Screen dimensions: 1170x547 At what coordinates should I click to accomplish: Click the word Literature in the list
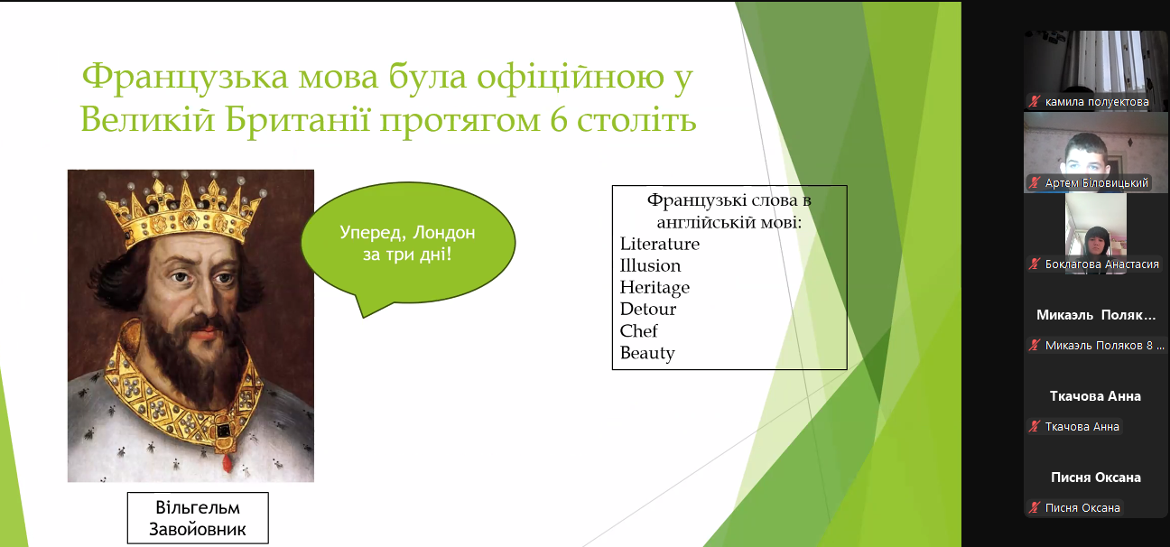pyautogui.click(x=659, y=244)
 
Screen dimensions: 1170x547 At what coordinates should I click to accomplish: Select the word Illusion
pyautogui.click(x=650, y=266)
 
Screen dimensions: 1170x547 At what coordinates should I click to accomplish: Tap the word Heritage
pyautogui.click(x=655, y=288)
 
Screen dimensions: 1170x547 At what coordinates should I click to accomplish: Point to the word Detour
pyautogui.click(x=647, y=310)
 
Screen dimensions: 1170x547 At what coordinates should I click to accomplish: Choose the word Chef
pyautogui.click(x=638, y=331)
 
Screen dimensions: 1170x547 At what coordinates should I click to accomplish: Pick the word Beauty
pyautogui.click(x=647, y=353)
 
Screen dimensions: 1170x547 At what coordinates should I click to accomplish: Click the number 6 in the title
pyautogui.click(x=559, y=121)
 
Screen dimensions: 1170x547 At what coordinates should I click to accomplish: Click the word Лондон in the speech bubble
pyautogui.click(x=444, y=232)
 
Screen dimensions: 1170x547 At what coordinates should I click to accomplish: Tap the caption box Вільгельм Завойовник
pyautogui.click(x=198, y=518)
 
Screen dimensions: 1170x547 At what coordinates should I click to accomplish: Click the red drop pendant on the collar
pyautogui.click(x=227, y=462)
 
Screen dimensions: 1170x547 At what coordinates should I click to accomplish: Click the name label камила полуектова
pyautogui.click(x=1096, y=102)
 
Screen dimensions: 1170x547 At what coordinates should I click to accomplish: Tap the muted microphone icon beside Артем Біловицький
pyautogui.click(x=1035, y=183)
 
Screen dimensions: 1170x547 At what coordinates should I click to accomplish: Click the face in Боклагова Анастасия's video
pyautogui.click(x=1096, y=242)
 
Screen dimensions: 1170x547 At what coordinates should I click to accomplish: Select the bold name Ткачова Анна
pyautogui.click(x=1095, y=396)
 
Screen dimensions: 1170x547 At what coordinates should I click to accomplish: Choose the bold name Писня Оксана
pyautogui.click(x=1096, y=477)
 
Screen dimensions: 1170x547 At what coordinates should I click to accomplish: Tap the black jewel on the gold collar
pyautogui.click(x=224, y=431)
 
